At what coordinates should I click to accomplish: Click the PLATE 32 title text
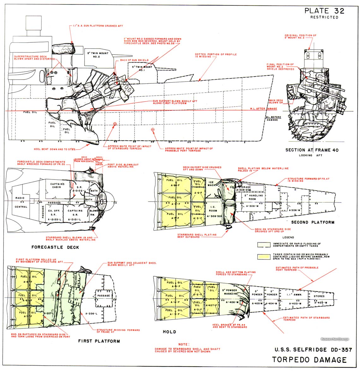[324, 10]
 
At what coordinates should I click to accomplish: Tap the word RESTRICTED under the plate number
[324, 17]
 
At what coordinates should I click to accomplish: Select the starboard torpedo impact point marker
[115, 124]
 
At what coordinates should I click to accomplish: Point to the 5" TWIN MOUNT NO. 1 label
[143, 69]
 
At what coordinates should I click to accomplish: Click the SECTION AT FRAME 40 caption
[312, 150]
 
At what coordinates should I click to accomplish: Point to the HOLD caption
[169, 332]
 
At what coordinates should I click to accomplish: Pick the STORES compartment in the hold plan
[321, 296]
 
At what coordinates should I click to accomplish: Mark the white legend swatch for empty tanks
[264, 244]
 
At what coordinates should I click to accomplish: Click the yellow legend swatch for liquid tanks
[264, 256]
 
